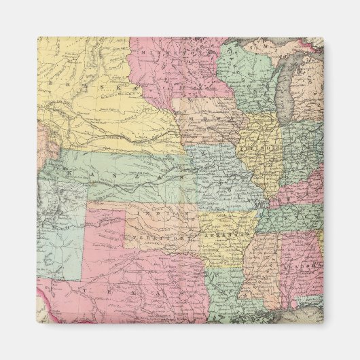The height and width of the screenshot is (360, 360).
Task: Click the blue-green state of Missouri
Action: tap(221, 177)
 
